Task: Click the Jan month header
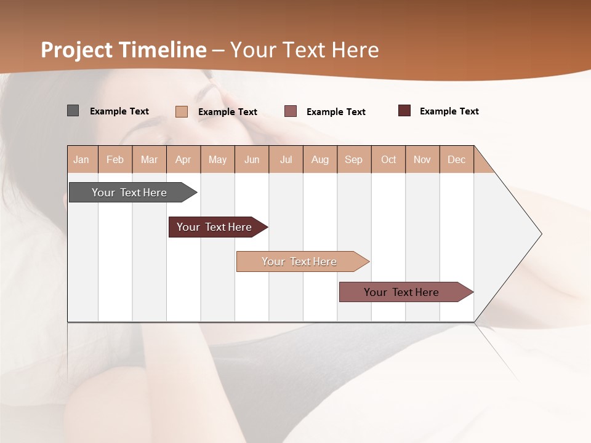pyautogui.click(x=81, y=159)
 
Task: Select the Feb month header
pyautogui.click(x=115, y=159)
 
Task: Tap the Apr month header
pyautogui.click(x=183, y=159)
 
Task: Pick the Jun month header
pyautogui.click(x=252, y=159)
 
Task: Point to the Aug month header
pyautogui.click(x=320, y=159)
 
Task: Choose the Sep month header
pyautogui.click(x=354, y=159)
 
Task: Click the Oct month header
pyautogui.click(x=388, y=159)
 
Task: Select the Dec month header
pyautogui.click(x=457, y=159)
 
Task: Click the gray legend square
pyautogui.click(x=73, y=111)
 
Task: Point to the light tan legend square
pyautogui.click(x=181, y=111)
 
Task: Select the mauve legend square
pyautogui.click(x=291, y=111)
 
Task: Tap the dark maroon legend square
pyautogui.click(x=404, y=111)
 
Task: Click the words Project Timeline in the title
pyautogui.click(x=123, y=50)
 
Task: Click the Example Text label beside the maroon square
pyautogui.click(x=449, y=111)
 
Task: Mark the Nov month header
pyautogui.click(x=422, y=159)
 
